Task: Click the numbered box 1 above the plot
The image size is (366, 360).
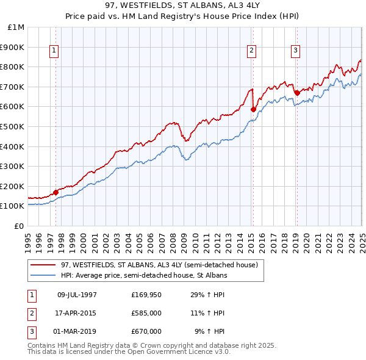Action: click(54, 51)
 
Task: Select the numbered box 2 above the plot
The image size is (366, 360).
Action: click(251, 51)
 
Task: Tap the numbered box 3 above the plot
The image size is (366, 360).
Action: click(295, 51)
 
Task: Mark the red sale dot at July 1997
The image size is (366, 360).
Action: click(56, 192)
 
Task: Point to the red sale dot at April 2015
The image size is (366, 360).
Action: click(253, 110)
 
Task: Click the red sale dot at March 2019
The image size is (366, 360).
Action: click(296, 93)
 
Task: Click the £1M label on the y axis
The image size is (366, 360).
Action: click(16, 27)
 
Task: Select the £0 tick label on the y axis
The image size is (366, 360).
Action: click(20, 226)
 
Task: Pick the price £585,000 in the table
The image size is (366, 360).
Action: click(146, 314)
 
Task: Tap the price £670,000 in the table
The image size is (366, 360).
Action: click(146, 332)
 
